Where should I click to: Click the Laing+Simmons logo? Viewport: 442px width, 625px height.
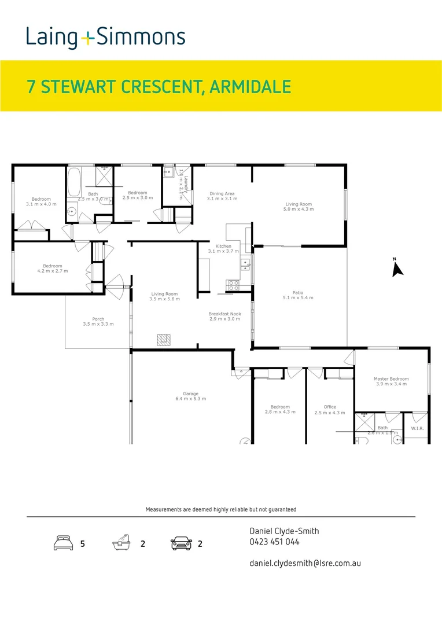(105, 38)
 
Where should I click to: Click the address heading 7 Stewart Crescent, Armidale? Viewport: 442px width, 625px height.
(159, 87)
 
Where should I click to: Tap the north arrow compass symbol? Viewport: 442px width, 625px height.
(397, 268)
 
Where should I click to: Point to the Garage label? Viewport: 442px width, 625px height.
(190, 396)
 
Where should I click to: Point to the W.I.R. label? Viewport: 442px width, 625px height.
(418, 429)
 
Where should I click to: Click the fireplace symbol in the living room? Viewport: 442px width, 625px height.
(165, 340)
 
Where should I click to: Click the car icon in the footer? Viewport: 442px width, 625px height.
(181, 544)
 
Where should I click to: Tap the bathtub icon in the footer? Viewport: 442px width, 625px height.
(121, 544)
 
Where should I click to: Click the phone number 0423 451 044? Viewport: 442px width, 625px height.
(274, 542)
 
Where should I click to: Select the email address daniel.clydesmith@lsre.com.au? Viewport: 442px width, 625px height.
(305, 562)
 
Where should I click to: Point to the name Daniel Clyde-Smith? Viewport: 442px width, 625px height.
(284, 531)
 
